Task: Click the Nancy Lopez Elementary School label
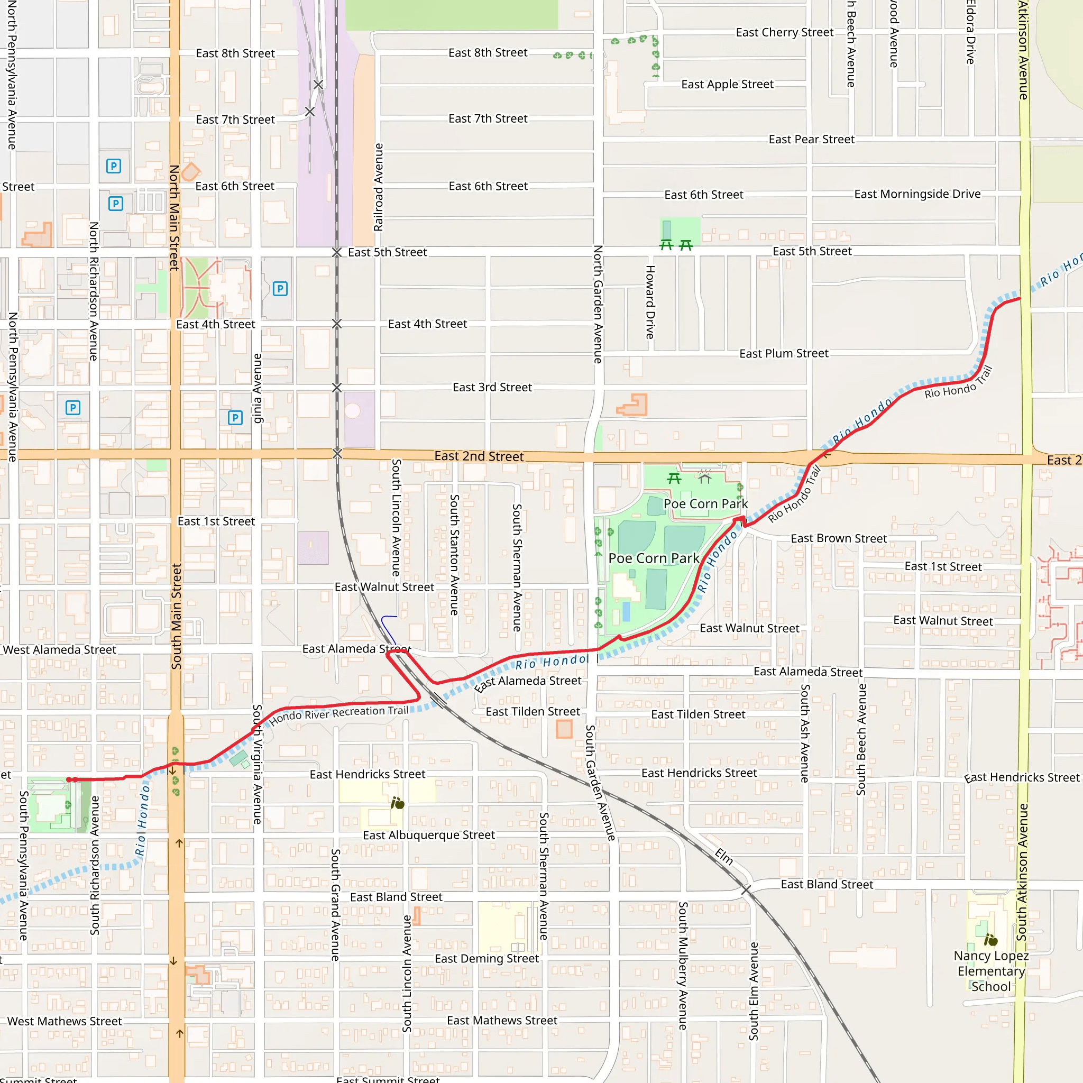[x=990, y=971]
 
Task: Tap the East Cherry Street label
[x=784, y=32]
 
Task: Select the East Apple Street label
[x=727, y=85]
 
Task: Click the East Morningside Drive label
[x=917, y=194]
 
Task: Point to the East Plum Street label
[x=783, y=354]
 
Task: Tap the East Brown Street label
[x=838, y=538]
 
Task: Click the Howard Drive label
[x=650, y=302]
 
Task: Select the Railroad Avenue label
[x=379, y=187]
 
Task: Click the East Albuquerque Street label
[x=428, y=835]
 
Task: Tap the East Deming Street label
[x=487, y=959]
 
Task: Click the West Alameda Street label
[x=59, y=650]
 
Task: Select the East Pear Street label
[x=811, y=140]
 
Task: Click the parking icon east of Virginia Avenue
[x=280, y=289]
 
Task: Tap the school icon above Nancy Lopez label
[x=990, y=940]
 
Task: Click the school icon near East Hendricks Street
[x=398, y=803]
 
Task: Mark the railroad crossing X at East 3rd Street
[x=337, y=388]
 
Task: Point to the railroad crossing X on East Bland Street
[x=746, y=889]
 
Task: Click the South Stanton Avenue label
[x=455, y=554]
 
